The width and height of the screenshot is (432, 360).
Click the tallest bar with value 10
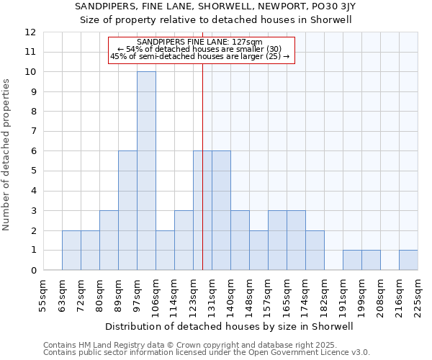click(x=146, y=171)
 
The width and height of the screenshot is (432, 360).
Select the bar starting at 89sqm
click(x=127, y=210)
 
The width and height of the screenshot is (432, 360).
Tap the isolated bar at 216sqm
click(x=408, y=260)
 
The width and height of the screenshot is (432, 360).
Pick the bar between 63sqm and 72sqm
click(x=71, y=250)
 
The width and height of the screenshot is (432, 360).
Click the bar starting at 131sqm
click(x=221, y=210)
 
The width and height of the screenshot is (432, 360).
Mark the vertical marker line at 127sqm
click(x=202, y=180)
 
